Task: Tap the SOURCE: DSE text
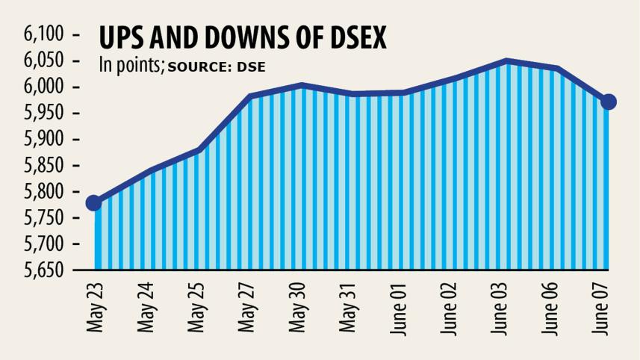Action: (x=217, y=66)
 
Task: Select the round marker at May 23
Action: (x=94, y=203)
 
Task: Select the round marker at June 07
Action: (x=609, y=102)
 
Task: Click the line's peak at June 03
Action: (x=506, y=61)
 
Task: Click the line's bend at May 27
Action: (x=249, y=97)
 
